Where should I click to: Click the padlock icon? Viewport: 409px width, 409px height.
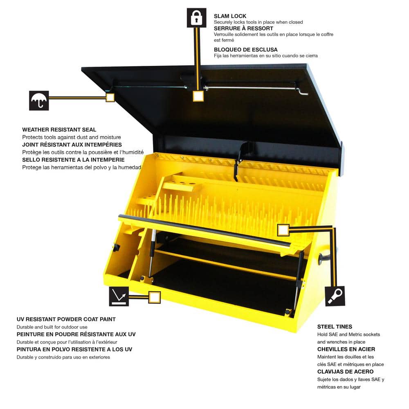coord(196,18)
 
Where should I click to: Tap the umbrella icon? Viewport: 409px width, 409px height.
coord(39,101)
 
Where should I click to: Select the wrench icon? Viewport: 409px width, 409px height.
coord(335,296)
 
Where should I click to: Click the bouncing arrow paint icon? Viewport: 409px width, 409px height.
coord(119,296)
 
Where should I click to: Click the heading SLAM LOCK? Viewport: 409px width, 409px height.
coord(230,16)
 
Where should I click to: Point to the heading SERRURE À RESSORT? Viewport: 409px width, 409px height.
coord(243,29)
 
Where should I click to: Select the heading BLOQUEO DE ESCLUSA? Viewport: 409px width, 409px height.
coord(245,49)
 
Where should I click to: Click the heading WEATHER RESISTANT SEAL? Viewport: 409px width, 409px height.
coord(59,130)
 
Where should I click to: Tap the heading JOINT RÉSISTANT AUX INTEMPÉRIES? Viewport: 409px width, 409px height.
coord(72,144)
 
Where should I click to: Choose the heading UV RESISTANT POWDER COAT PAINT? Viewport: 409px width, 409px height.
coord(66,319)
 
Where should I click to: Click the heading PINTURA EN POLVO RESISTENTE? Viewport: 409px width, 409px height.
coord(74,349)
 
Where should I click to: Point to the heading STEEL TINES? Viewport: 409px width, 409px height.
coord(335,326)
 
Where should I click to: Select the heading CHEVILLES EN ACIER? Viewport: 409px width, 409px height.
coord(346,349)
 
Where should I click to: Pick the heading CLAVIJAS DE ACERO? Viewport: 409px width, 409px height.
coord(345,372)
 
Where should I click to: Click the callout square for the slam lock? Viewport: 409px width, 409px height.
coord(198,96)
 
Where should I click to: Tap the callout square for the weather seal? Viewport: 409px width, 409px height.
coord(110,97)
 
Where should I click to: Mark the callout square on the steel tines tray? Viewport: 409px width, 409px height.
coord(283,230)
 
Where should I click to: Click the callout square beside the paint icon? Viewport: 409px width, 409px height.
coord(155,297)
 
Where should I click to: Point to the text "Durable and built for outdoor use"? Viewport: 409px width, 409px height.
coord(52,327)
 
